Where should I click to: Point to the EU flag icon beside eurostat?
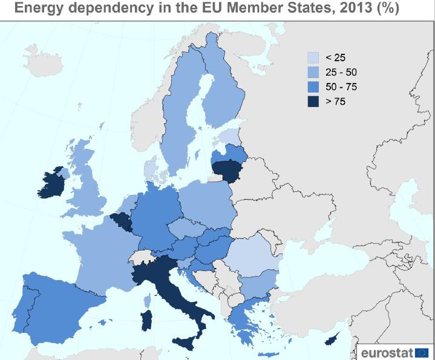click(422, 352)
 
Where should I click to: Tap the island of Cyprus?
click(332, 340)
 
